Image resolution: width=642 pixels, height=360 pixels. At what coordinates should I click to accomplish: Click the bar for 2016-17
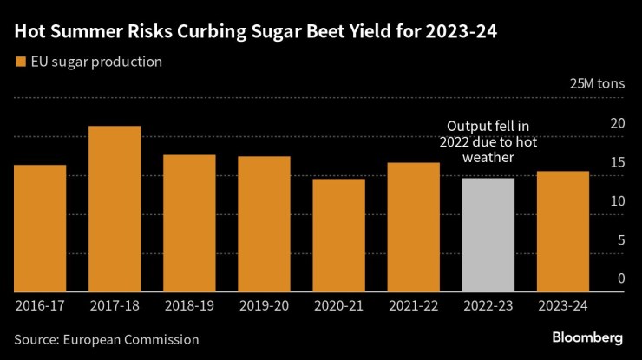[x=40, y=228]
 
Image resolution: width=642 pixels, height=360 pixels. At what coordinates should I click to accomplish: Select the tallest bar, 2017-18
[x=115, y=209]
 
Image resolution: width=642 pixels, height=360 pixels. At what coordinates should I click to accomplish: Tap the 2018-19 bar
[x=189, y=223]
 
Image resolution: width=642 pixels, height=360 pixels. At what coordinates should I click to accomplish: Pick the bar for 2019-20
[x=264, y=224]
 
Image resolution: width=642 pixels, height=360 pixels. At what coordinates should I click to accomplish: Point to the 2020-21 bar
[x=338, y=235]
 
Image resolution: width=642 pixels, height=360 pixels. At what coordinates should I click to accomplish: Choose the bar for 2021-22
[x=413, y=227]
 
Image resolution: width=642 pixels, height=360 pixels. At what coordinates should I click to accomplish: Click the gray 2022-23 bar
[x=488, y=235]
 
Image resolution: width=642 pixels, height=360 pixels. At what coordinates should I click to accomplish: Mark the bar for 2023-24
[x=563, y=232]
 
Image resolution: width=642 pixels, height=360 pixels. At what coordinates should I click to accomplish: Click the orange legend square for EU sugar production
[x=20, y=62]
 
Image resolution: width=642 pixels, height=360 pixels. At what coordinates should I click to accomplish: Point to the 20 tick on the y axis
[x=618, y=123]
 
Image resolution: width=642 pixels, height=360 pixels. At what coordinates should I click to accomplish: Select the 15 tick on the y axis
[x=618, y=162]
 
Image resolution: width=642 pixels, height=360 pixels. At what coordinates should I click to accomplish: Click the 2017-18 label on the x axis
[x=115, y=305]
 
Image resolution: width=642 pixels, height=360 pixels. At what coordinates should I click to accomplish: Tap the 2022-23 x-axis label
[x=488, y=305]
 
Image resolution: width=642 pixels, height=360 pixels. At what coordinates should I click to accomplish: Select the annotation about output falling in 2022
[x=488, y=141]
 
